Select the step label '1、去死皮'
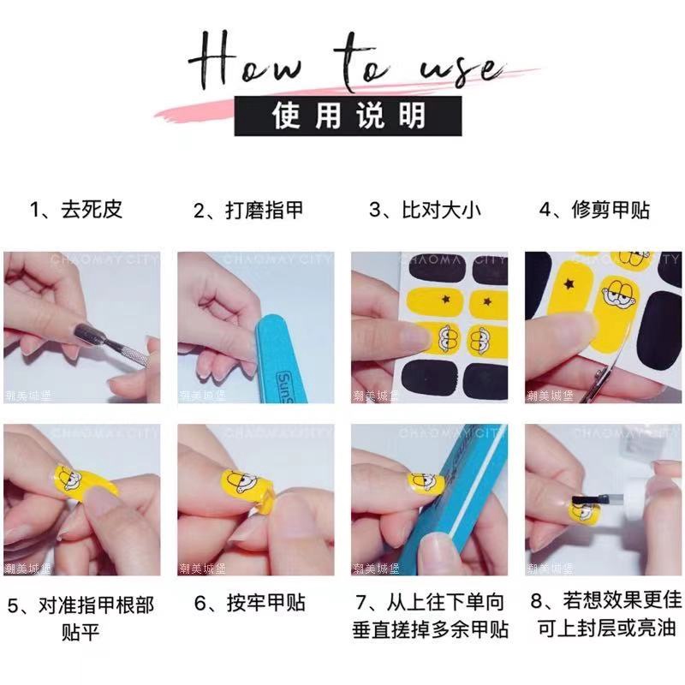pos(75,210)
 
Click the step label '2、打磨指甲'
pos(247,210)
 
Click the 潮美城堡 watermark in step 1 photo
pos(25,396)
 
